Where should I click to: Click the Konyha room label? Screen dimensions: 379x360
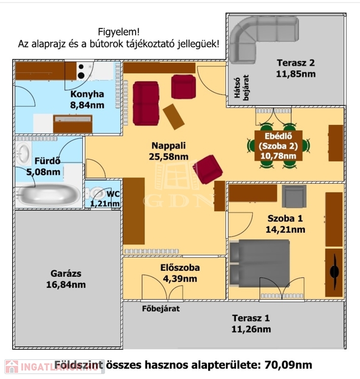point(87,95)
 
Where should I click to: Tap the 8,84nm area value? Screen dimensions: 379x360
point(87,105)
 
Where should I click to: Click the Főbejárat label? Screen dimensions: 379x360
point(160,309)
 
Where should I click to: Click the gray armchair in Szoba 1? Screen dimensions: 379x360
point(294,195)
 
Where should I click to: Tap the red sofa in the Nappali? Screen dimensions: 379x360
point(145,102)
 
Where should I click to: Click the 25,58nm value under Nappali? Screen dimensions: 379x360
point(169,156)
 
